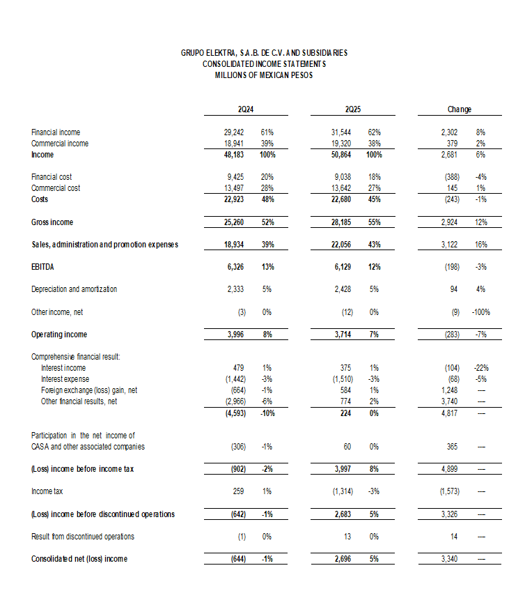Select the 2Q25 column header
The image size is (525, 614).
point(352,109)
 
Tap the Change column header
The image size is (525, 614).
point(460,109)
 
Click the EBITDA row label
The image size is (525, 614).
point(44,267)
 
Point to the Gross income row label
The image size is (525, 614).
point(52,222)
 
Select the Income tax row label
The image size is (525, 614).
point(47,491)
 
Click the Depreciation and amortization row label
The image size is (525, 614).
point(74,289)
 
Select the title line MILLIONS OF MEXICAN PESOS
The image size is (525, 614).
point(264,75)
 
